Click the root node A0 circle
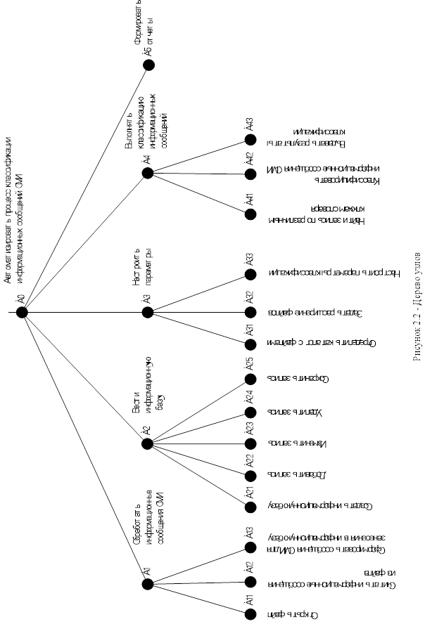pyautogui.click(x=22, y=313)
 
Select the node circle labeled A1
pyautogui.click(x=148, y=582)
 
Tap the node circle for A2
pyautogui.click(x=148, y=444)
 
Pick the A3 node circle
pyautogui.click(x=148, y=313)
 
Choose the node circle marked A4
pyautogui.click(x=148, y=173)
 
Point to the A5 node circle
pyautogui.click(x=148, y=65)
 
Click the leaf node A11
pyautogui.click(x=250, y=614)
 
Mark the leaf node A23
pyautogui.click(x=250, y=444)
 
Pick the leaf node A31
pyautogui.click(x=250, y=344)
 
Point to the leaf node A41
pyautogui.click(x=250, y=213)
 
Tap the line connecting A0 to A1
pyautogui.click(x=84, y=447)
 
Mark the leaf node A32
pyautogui.click(x=250, y=312)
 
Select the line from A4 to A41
pyautogui.click(x=199, y=193)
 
